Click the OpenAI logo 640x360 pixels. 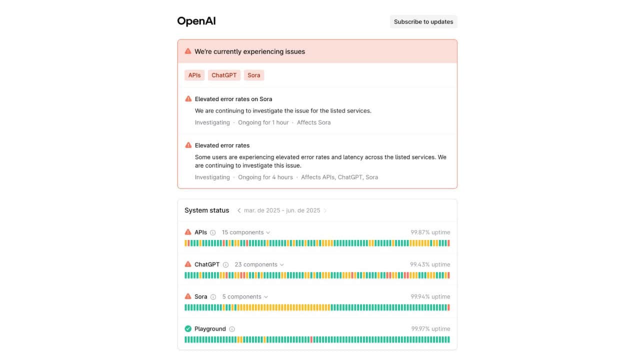click(x=196, y=21)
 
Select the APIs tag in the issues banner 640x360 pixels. click(x=194, y=75)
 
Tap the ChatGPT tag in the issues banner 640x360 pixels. click(x=224, y=75)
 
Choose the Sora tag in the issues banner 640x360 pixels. click(x=254, y=75)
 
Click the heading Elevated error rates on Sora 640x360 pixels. click(x=233, y=99)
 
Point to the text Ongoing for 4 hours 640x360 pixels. click(x=265, y=177)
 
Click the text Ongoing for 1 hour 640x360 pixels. click(x=263, y=122)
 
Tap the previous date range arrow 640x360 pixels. click(x=239, y=210)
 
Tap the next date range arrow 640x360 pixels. click(x=325, y=210)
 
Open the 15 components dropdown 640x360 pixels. click(x=246, y=232)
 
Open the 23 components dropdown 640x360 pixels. click(x=259, y=264)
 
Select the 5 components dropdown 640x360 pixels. click(x=245, y=296)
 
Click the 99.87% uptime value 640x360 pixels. click(x=430, y=232)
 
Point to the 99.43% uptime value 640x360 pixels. click(x=430, y=264)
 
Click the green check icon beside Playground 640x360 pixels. click(x=188, y=328)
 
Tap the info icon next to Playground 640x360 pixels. click(x=232, y=329)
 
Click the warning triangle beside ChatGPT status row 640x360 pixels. click(x=188, y=264)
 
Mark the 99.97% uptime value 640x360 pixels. click(x=430, y=329)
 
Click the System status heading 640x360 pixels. click(x=206, y=210)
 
